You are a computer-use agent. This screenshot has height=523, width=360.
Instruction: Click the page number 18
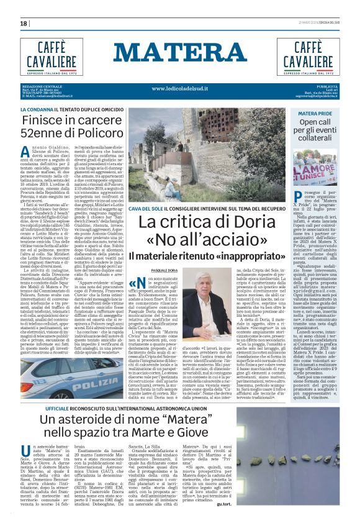pos(24,23)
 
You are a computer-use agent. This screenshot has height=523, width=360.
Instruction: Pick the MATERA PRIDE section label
pos(315,114)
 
